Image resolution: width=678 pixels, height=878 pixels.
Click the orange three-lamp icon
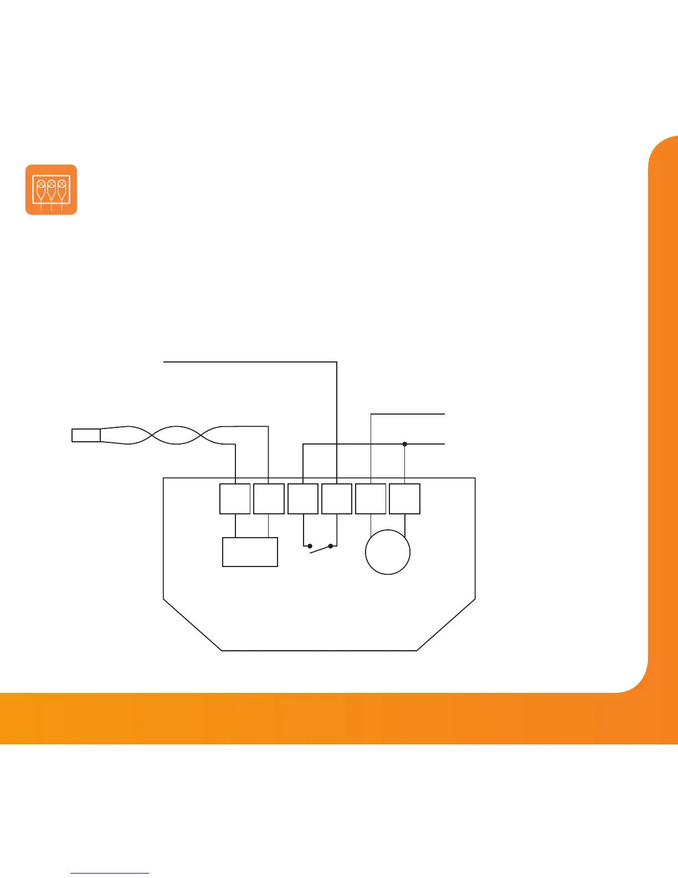coord(51,190)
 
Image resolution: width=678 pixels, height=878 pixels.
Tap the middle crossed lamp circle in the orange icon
coord(51,183)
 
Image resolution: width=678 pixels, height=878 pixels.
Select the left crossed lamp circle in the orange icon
coord(41,183)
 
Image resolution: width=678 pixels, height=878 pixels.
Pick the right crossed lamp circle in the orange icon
coord(61,183)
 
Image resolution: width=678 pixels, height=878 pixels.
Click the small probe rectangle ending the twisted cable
coord(86,435)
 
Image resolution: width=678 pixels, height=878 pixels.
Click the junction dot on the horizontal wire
coord(405,444)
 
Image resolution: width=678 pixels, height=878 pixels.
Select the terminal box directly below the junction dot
coord(405,499)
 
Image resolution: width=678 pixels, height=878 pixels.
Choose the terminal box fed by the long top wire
coord(337,499)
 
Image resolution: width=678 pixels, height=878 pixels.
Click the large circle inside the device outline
coord(388,552)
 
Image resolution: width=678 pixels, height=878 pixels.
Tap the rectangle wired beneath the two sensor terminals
coord(250,552)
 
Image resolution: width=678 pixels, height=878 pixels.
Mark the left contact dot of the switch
coord(310,546)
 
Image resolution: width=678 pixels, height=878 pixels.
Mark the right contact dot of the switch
coord(331,546)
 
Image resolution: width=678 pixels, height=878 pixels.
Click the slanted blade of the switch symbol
coord(320,549)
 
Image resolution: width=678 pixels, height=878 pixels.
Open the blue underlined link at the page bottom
coord(110,873)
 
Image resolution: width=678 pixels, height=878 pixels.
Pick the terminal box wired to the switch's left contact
coord(303,499)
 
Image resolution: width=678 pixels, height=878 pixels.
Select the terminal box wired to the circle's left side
coord(371,499)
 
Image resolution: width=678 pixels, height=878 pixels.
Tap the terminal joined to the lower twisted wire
coord(235,499)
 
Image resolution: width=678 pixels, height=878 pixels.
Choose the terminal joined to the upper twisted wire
coord(269,499)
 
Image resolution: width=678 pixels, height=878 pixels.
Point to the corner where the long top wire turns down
coord(337,362)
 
